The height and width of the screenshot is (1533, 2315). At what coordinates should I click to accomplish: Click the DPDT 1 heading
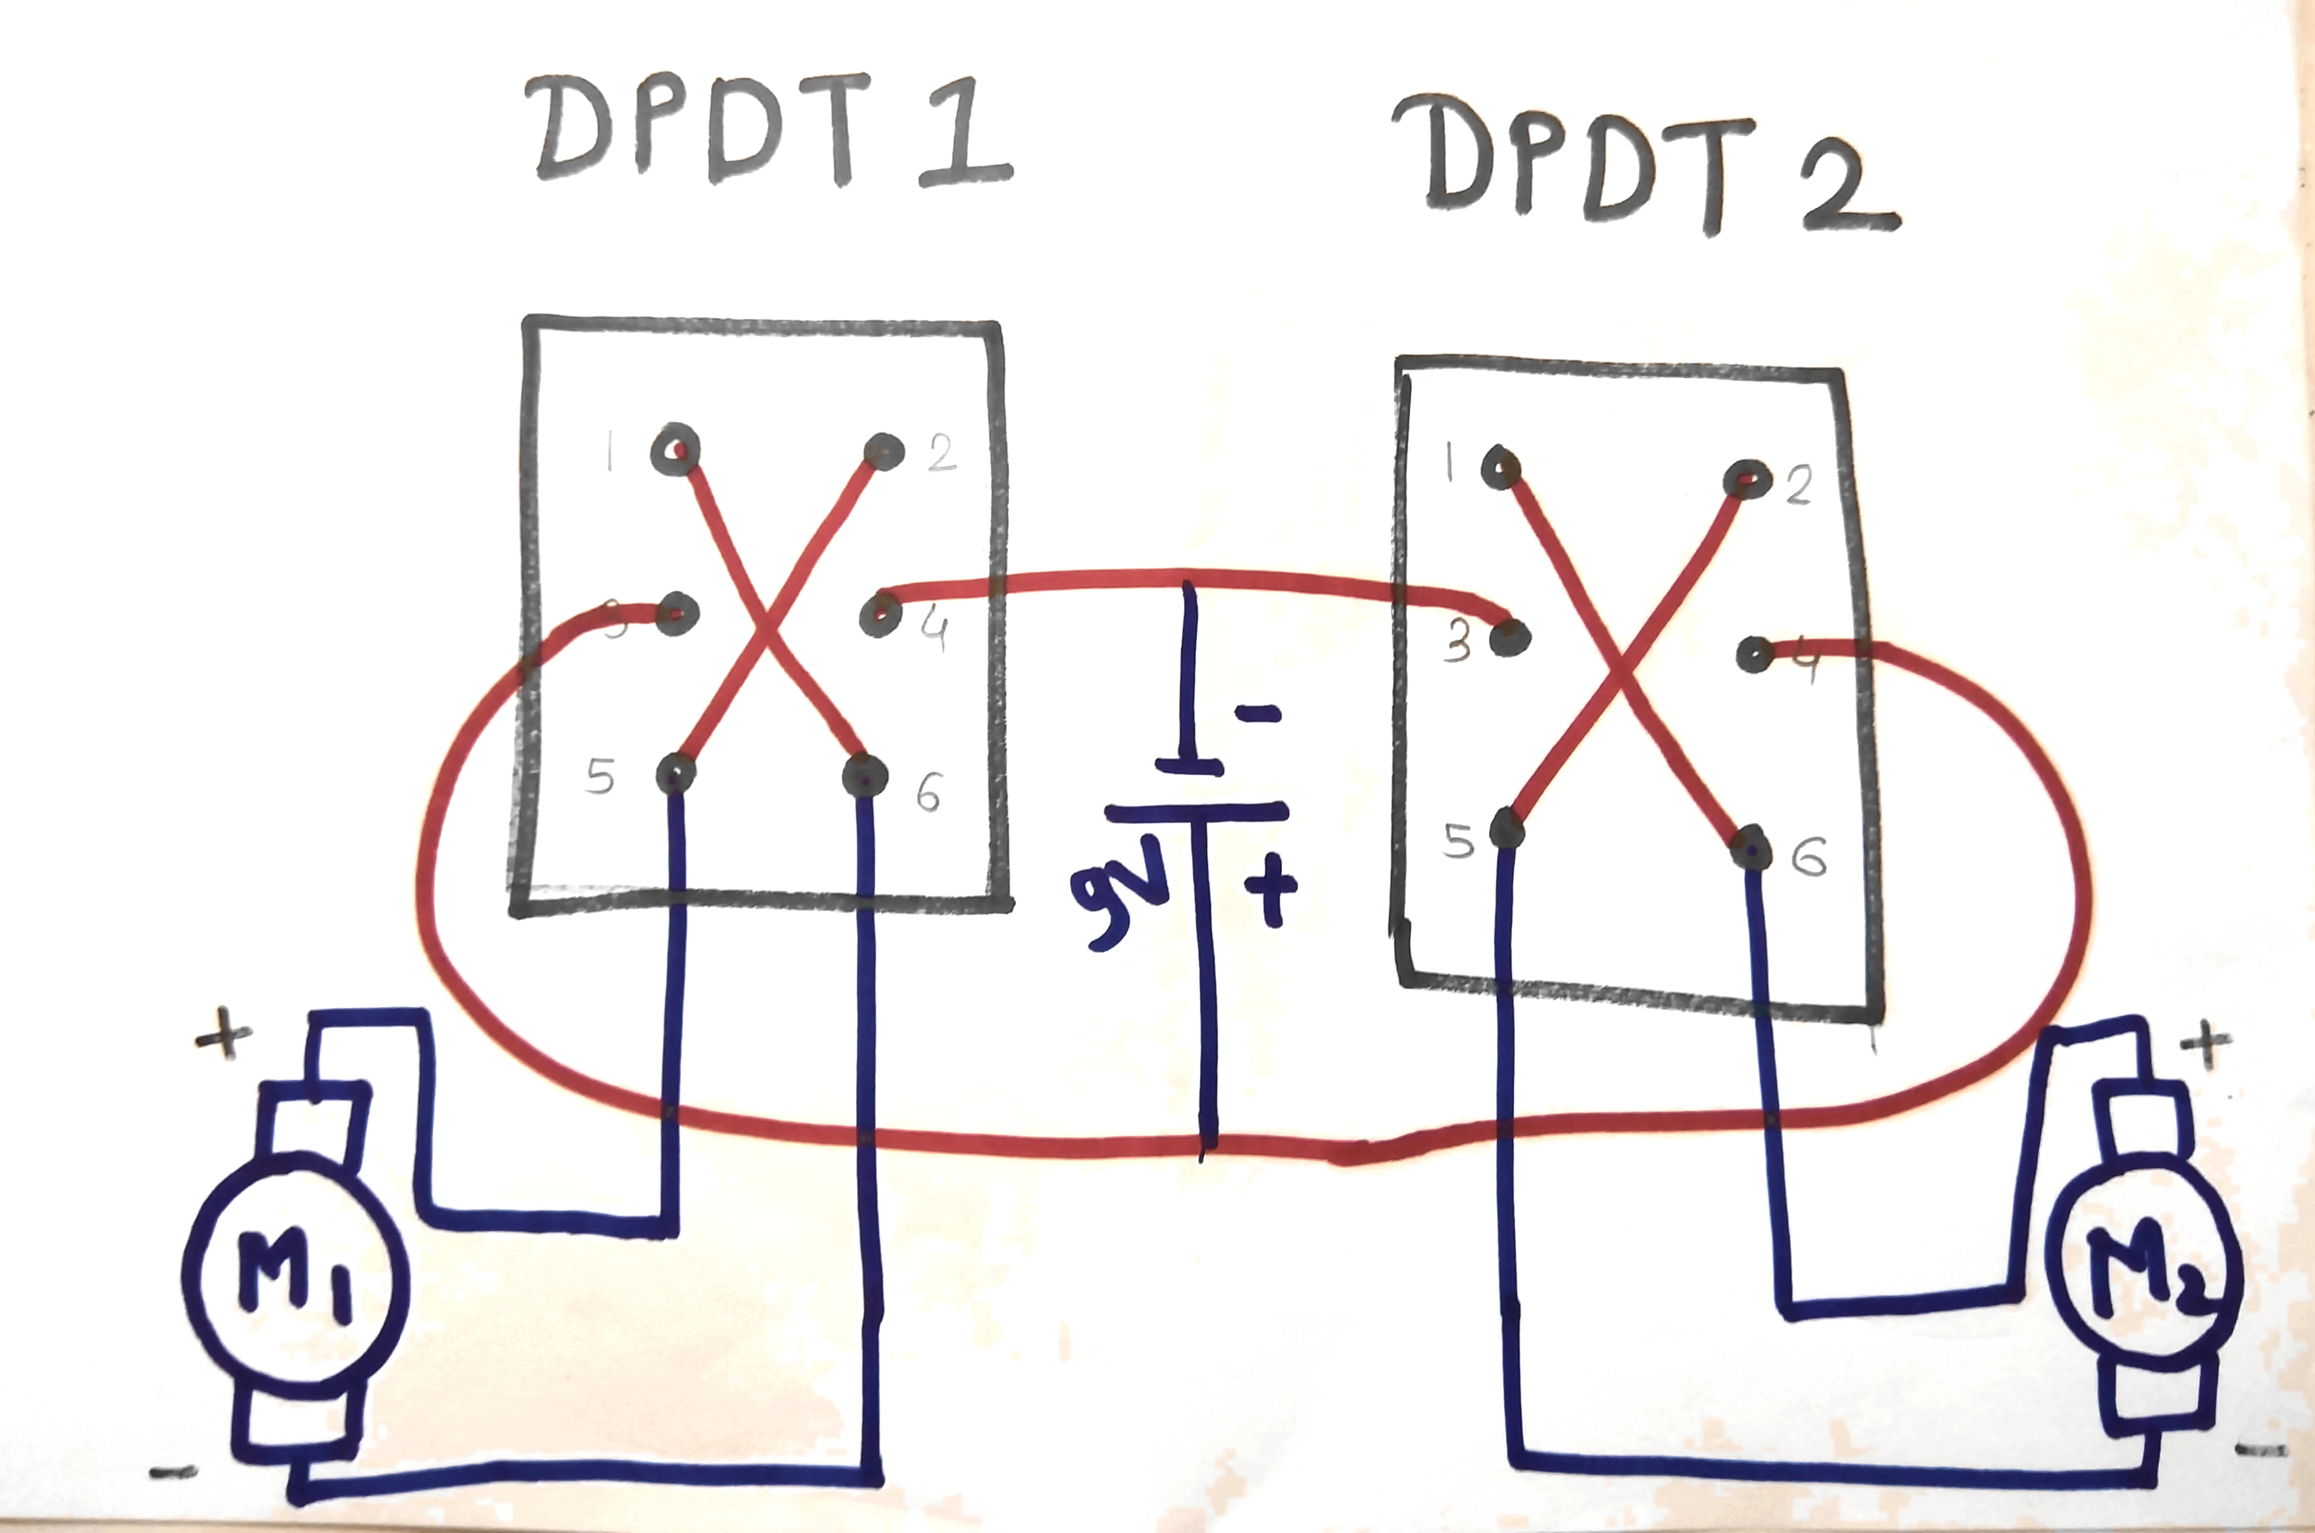tap(768, 132)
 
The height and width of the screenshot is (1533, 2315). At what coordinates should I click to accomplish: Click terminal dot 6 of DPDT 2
tap(1752, 848)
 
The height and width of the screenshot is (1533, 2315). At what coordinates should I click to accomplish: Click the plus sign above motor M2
tap(2205, 1044)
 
